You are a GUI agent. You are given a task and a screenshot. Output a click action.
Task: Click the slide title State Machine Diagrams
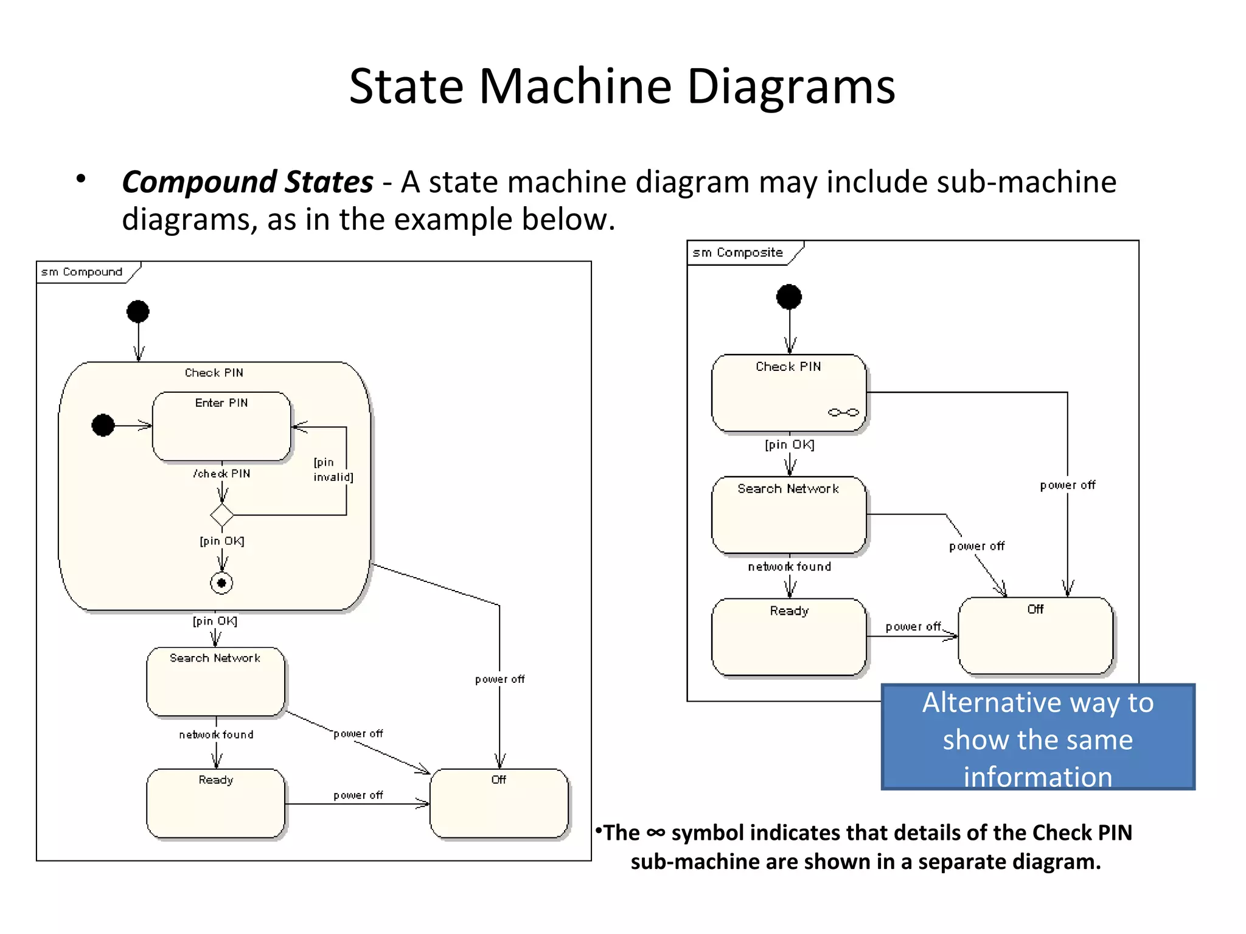point(622,86)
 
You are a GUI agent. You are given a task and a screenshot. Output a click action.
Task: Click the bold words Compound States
point(247,182)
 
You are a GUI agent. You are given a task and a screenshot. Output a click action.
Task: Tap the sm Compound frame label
point(82,272)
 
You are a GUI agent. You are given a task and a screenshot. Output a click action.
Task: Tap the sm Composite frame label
point(737,252)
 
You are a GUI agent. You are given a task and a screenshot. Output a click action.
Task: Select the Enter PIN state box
point(221,427)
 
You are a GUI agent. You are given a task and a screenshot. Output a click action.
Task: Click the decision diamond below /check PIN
point(221,515)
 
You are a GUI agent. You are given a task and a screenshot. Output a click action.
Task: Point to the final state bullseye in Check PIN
point(221,583)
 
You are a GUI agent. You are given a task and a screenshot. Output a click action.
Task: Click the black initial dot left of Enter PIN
point(103,425)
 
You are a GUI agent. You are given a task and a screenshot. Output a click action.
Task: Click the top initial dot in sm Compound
point(138,311)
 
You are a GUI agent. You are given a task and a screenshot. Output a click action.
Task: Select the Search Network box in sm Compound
point(215,682)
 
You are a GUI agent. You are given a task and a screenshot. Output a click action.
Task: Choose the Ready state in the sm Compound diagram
point(215,803)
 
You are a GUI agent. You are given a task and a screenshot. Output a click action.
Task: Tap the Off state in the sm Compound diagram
point(499,803)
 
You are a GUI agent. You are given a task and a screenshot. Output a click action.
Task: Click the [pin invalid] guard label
point(333,469)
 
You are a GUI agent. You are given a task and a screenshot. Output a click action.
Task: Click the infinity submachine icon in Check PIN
point(843,412)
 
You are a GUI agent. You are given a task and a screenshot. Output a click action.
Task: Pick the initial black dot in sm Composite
point(789,297)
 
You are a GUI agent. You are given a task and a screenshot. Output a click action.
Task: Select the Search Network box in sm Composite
point(788,514)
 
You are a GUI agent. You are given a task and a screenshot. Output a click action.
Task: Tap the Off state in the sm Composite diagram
point(1035,636)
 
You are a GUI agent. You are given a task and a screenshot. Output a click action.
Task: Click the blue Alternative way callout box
point(1038,737)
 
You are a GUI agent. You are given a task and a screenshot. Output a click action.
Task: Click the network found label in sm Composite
point(789,567)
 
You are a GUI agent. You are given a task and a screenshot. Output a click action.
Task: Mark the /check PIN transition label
point(221,474)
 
